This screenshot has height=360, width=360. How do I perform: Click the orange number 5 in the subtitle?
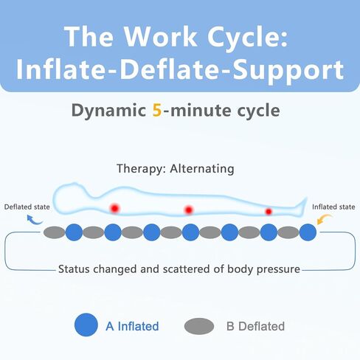pos(157,110)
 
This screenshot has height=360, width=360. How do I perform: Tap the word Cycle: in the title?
pos(248,36)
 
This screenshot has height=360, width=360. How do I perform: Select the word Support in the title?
pos(288,70)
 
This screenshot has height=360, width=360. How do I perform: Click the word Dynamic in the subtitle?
pos(108,111)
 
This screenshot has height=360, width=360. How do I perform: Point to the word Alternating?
pos(202,169)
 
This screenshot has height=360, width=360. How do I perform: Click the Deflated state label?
pos(27,207)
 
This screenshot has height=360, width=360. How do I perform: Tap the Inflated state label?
pos(333,207)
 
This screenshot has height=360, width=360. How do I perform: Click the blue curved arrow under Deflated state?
pos(34,221)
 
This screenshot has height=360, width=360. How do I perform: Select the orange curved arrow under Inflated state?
pos(324,218)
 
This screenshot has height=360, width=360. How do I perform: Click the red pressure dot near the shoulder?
pos(114,209)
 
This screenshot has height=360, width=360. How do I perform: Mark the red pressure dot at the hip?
pos(189,210)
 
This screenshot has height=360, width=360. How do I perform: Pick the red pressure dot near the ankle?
pos(269,211)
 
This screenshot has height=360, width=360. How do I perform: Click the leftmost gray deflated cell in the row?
pos(54,232)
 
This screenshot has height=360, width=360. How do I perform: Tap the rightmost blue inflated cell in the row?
pos(308,232)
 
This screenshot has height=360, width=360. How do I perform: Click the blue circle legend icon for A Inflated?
pos(86,325)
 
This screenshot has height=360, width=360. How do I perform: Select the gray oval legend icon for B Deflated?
pos(199,326)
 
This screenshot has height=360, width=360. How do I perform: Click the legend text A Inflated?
pos(132,326)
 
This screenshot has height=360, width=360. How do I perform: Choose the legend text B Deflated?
pos(255,326)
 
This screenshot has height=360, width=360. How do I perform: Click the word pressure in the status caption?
pos(278,269)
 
